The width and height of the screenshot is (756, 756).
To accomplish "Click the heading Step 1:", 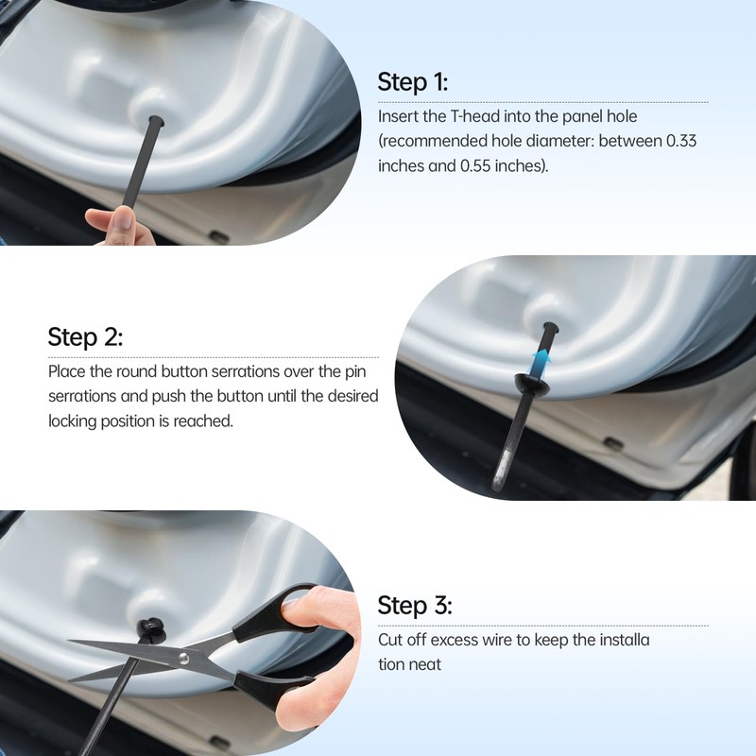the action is click(x=413, y=81).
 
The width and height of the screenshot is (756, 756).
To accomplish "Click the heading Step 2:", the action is click(x=85, y=336).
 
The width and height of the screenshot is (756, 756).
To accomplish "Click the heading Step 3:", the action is click(x=415, y=605).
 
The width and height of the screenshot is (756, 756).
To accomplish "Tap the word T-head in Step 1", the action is click(x=475, y=116).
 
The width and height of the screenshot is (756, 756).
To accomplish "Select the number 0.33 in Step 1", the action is click(x=681, y=141).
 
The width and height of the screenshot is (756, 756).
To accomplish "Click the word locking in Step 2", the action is click(x=73, y=421).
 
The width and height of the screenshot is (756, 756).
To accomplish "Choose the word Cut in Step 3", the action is click(x=390, y=640).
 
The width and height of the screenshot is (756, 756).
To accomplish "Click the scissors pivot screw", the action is click(x=183, y=659).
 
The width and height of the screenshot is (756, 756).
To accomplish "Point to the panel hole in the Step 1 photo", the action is click(x=156, y=120).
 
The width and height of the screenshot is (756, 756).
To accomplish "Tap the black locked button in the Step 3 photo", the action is click(x=150, y=628).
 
